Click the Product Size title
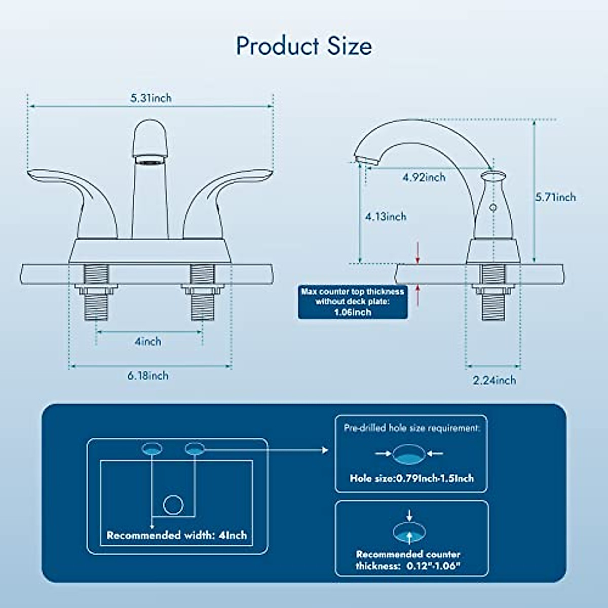pos(304,46)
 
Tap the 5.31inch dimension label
pos(151,98)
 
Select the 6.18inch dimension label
pos(148,375)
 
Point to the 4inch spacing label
pos(148,341)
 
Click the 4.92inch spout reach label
pos(424,177)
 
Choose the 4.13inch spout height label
pos(386,217)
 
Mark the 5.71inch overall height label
pos(556,197)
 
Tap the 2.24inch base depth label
pos(495,380)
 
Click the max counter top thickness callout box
pos(353,302)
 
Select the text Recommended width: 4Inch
pos(177,535)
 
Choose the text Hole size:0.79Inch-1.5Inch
pos(411,478)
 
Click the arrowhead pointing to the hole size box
pos(325,450)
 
